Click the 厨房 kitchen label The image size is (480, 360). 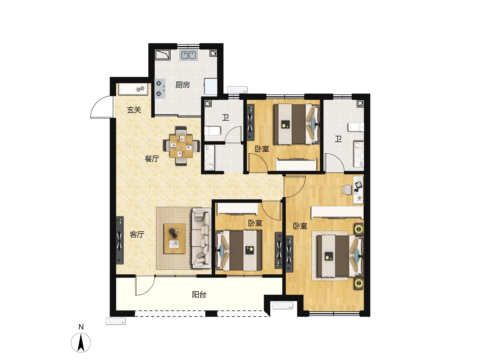(182, 85)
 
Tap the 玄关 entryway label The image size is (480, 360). (134, 110)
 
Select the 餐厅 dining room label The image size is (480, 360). (152, 159)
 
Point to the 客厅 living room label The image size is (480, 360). (137, 235)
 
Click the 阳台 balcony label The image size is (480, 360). (199, 295)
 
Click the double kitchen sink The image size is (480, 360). (188, 55)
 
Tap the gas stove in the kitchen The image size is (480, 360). (160, 89)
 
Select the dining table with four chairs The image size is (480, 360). (181, 146)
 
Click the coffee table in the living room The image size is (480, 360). (175, 239)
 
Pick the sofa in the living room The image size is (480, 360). (201, 238)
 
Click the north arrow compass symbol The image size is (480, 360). (81, 343)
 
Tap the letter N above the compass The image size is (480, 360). (81, 327)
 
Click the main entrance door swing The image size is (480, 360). (102, 107)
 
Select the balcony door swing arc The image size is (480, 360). (145, 286)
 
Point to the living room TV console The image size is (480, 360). (120, 240)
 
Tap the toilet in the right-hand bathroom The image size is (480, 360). (356, 127)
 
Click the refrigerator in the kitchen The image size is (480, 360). (211, 86)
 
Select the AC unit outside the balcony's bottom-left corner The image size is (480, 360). (115, 321)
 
